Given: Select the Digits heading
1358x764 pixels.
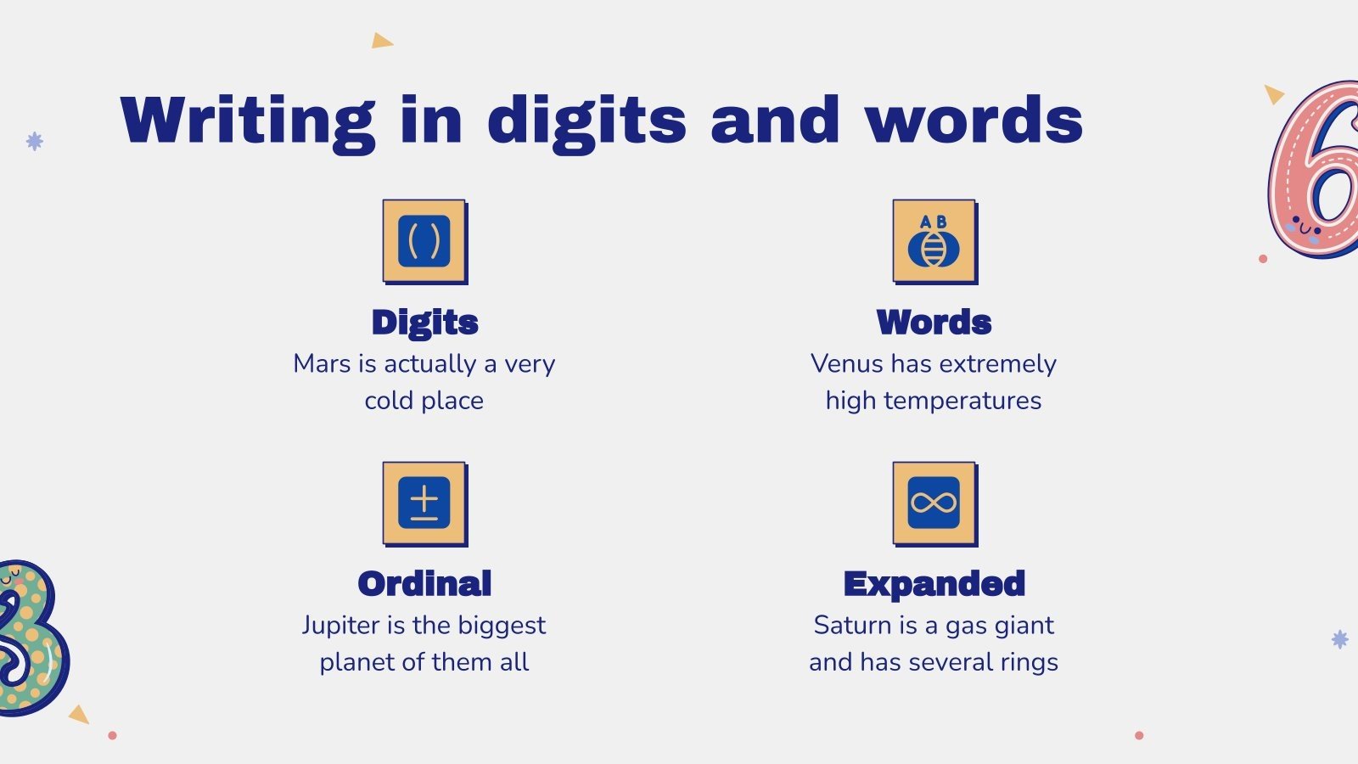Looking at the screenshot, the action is pos(425,323).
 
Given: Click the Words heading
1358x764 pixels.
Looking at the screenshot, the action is pos(934,322).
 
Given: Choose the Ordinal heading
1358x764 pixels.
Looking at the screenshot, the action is pos(424,583).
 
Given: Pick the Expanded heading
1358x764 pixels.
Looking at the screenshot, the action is pos(934,585).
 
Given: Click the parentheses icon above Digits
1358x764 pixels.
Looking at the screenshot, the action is pos(424,241).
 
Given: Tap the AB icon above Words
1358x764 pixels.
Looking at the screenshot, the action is pos(934,241).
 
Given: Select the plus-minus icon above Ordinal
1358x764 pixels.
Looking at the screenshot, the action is pos(424,503).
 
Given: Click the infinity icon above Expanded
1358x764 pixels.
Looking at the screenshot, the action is pos(934,503).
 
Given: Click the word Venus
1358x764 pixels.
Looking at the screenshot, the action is pos(847,364).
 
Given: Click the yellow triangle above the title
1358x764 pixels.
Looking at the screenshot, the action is pos(381,41).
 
